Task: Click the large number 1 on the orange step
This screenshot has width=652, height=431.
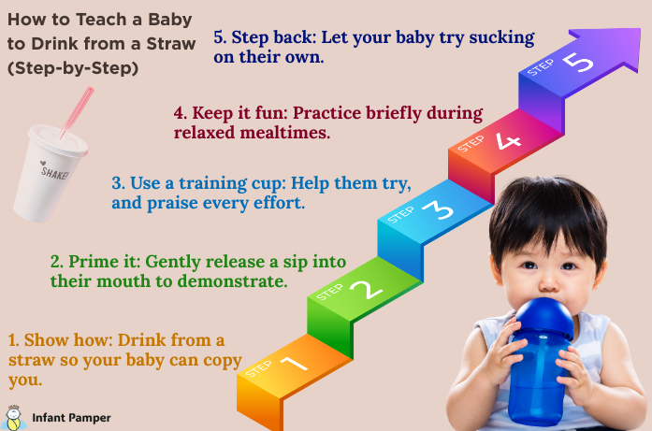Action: click(x=294, y=364)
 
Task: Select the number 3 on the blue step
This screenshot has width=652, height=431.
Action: click(x=438, y=209)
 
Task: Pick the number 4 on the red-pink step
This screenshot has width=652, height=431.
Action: click(x=508, y=140)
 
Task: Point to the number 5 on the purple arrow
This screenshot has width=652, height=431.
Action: click(x=577, y=63)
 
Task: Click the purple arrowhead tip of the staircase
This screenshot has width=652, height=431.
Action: click(x=640, y=29)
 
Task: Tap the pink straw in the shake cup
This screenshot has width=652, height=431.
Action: click(x=77, y=112)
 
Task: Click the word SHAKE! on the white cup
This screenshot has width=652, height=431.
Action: click(x=54, y=172)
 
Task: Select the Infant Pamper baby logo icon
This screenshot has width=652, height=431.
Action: click(x=13, y=418)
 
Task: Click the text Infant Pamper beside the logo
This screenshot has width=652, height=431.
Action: click(x=71, y=418)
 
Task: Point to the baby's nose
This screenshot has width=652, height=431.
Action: click(x=549, y=283)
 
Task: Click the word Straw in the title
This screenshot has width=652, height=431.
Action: click(x=171, y=44)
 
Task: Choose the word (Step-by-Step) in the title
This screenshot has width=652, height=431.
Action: click(x=73, y=68)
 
